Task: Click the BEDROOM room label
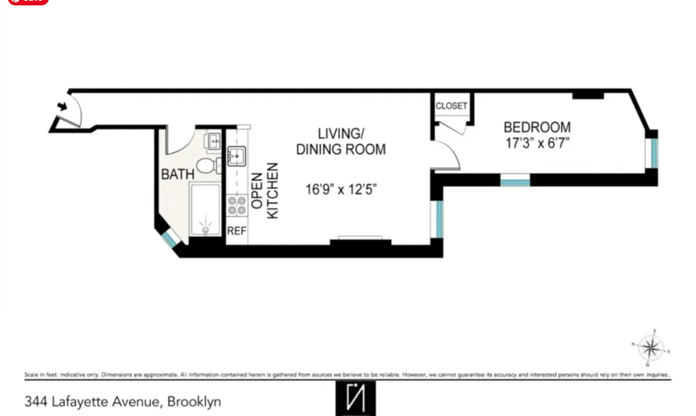tap(537, 127)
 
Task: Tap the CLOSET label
tap(451, 106)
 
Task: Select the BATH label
tap(178, 174)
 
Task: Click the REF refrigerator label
tap(237, 231)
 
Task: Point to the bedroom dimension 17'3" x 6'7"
tap(537, 143)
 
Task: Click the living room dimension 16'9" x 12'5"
tap(341, 189)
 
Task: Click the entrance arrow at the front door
tap(62, 107)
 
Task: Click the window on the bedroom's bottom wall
tap(515, 180)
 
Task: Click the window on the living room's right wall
tap(439, 218)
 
